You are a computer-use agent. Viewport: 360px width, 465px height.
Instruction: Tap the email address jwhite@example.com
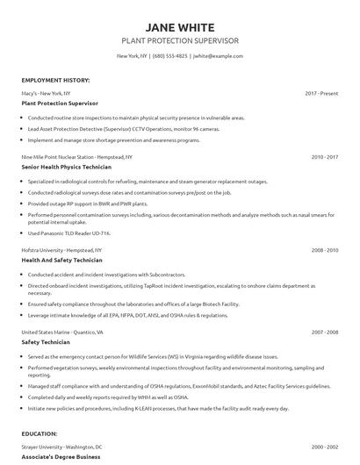click(x=217, y=55)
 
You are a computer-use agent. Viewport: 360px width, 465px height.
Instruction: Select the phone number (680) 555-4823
click(x=170, y=55)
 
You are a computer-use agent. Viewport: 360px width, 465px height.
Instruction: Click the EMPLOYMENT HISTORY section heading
click(x=55, y=80)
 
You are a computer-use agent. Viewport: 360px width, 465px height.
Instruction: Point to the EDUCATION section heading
click(x=40, y=433)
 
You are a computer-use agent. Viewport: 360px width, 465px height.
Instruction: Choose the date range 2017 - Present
click(x=321, y=92)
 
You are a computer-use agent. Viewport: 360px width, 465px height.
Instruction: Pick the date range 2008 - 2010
click(x=325, y=250)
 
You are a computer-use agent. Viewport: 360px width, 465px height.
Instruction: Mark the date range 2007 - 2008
click(x=325, y=333)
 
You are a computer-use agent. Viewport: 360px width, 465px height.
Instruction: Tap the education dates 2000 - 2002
click(x=325, y=447)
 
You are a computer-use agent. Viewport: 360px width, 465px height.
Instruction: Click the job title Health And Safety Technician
click(x=61, y=260)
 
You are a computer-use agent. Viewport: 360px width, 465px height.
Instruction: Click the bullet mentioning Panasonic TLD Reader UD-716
click(x=70, y=232)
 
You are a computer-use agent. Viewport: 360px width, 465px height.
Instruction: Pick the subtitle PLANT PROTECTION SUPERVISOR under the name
click(x=179, y=40)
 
